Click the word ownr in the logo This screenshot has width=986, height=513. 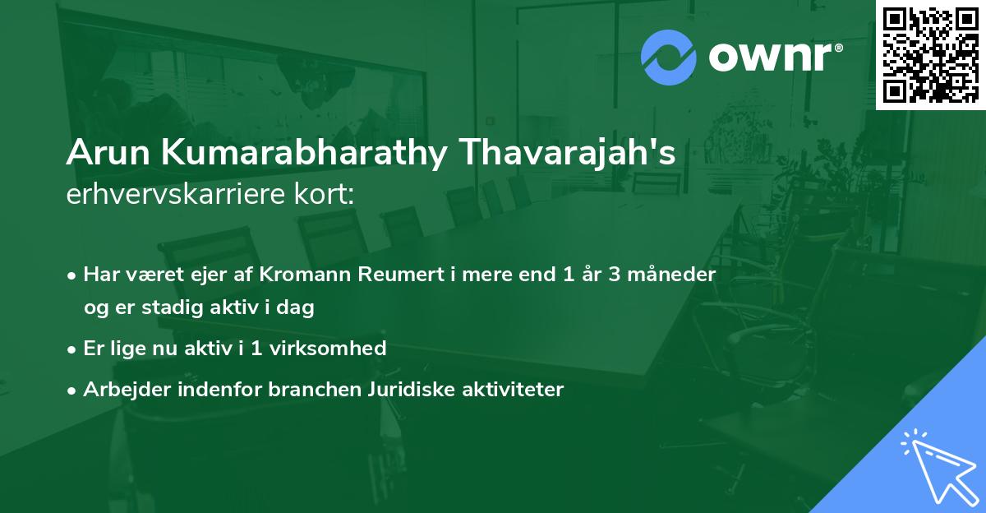tap(774, 55)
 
